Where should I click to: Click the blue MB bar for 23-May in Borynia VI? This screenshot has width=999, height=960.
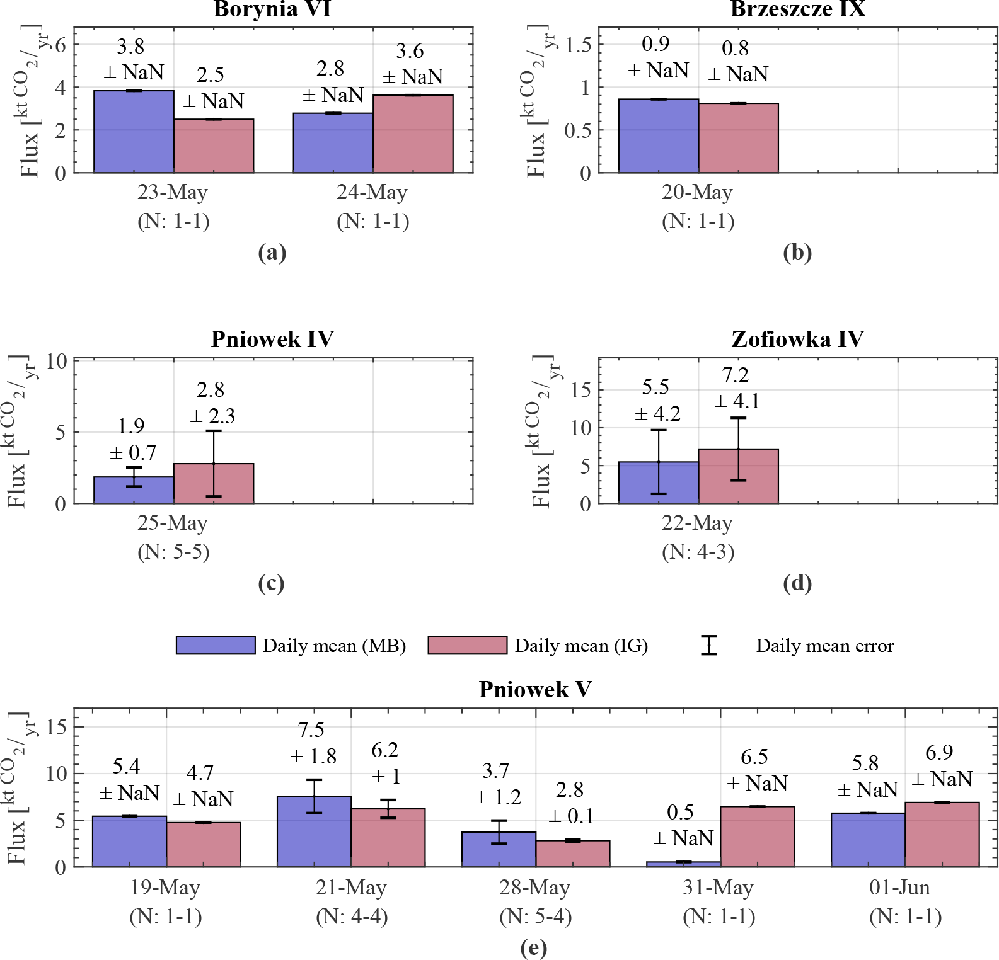pos(134,132)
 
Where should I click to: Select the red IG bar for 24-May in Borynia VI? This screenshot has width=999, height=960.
pos(413,134)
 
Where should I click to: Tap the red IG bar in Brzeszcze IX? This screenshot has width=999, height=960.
pos(738,138)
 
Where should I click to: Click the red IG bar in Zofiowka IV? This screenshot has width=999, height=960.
pos(738,476)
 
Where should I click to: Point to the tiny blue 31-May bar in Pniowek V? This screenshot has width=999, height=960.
pos(683,864)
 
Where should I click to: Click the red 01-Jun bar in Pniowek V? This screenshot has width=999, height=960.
pos(942,835)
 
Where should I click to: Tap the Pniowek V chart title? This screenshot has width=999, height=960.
pos(534,689)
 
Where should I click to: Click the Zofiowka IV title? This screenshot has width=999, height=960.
pos(797,340)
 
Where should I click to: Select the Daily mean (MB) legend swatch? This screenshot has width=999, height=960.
pos(216,646)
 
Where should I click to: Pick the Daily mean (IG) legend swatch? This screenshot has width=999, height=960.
pos(467,646)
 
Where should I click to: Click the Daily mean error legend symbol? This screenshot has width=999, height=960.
pos(709,646)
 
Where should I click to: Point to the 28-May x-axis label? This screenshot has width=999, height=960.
pos(534,888)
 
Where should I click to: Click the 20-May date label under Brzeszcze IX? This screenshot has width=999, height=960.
pos(697,192)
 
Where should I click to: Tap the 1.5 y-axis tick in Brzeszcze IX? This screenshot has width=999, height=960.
pos(578,45)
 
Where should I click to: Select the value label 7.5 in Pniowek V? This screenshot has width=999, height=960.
pos(311,730)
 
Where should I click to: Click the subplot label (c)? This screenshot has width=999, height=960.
pos(272,583)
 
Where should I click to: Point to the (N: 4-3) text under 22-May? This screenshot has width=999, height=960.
pos(698,552)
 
